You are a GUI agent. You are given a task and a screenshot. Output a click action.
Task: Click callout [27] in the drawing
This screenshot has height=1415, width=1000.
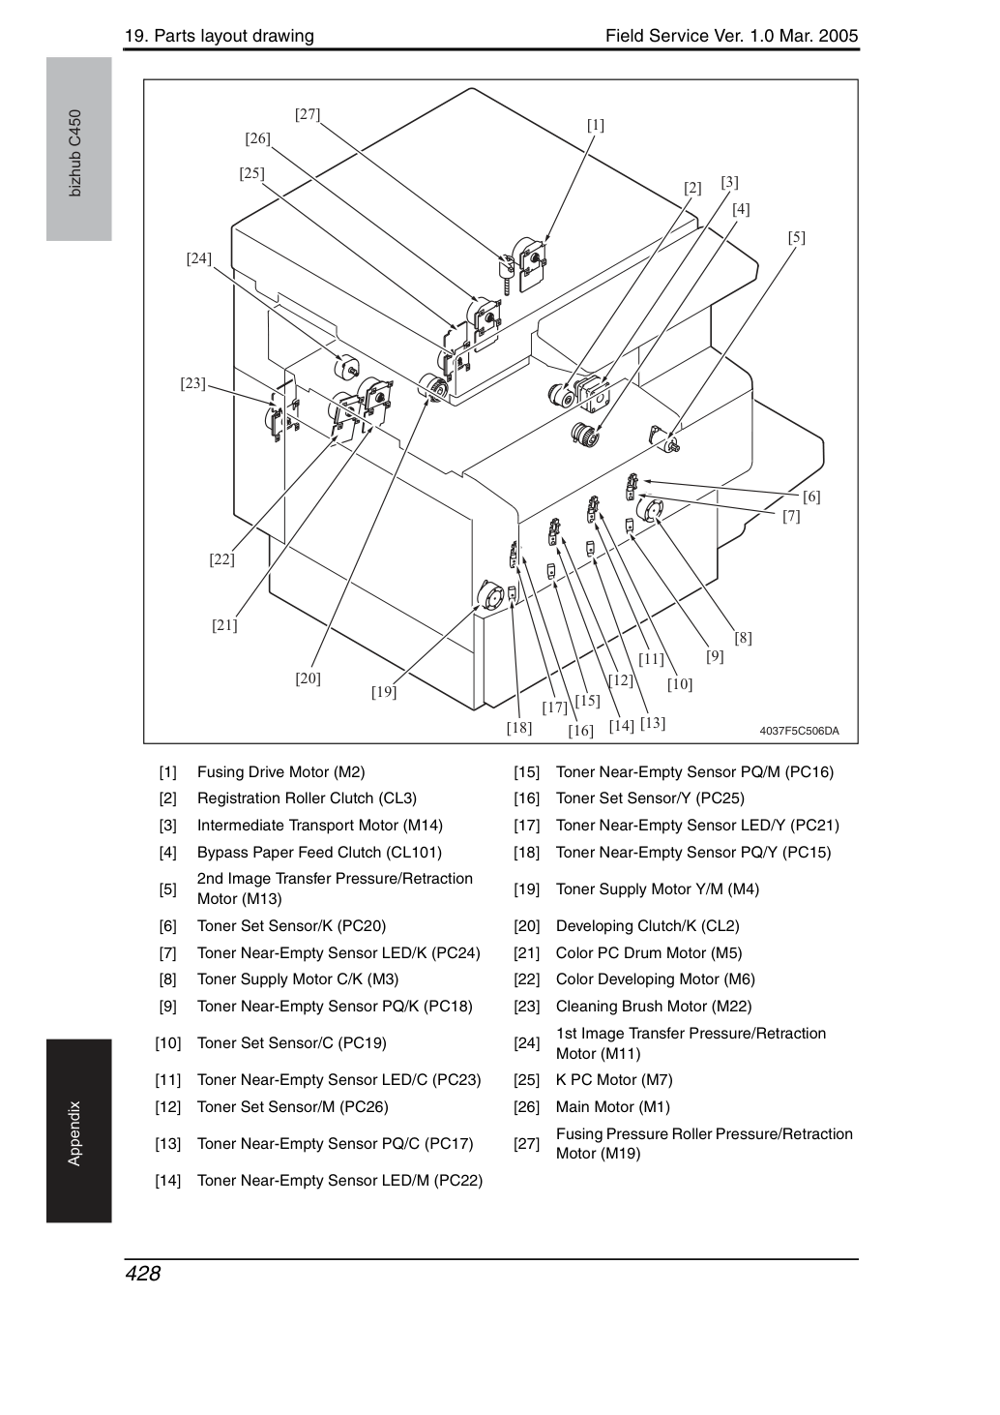[x=308, y=114]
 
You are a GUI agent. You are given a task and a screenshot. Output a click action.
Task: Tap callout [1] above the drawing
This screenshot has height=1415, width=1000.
[x=596, y=125]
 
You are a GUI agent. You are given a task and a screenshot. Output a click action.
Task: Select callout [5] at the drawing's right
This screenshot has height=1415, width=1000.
[x=796, y=237]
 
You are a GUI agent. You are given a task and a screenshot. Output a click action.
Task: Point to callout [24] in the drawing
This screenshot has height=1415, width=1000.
[x=199, y=258]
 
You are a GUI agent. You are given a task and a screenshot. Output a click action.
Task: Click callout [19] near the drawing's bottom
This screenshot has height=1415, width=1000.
[x=384, y=692]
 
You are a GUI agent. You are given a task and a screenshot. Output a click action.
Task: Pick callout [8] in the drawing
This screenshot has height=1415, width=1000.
[x=743, y=638]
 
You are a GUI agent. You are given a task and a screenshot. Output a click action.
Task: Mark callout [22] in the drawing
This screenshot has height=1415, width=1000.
[x=221, y=559]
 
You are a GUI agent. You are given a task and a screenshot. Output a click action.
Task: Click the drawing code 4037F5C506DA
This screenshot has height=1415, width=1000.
[x=799, y=731]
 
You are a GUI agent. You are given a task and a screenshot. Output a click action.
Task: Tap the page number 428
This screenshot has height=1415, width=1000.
[x=143, y=1273]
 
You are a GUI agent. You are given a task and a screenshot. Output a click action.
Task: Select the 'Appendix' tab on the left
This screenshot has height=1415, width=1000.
[x=74, y=1133]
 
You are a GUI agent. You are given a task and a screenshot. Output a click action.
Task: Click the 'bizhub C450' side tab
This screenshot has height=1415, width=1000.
[x=75, y=154]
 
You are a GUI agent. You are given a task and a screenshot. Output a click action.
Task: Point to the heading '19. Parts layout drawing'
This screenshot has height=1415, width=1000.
[x=220, y=36]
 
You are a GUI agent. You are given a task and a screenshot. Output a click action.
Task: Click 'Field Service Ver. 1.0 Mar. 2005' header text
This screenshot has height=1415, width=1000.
[x=732, y=36]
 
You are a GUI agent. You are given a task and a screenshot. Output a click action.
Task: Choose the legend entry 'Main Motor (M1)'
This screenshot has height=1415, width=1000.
[x=613, y=1106]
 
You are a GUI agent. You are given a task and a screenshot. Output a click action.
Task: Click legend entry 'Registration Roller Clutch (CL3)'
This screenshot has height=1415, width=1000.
[x=307, y=798]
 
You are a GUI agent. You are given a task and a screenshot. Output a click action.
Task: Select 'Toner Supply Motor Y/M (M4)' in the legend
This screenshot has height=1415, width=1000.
[x=658, y=888]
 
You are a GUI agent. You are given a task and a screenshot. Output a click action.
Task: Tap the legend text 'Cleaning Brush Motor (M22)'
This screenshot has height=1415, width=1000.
[x=654, y=1007]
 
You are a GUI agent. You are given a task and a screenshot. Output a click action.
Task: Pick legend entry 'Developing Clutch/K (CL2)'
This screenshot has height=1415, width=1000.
[x=647, y=925]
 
